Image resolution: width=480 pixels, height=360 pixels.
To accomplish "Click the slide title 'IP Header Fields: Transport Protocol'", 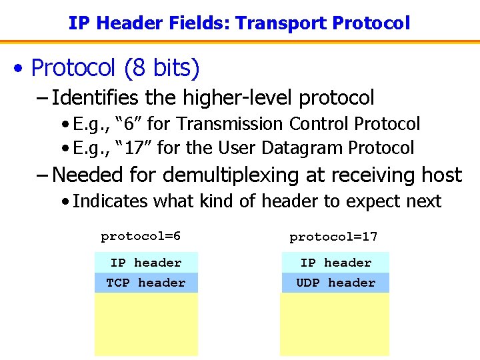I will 239,23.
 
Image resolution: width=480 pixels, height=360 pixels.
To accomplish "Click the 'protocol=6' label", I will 141,237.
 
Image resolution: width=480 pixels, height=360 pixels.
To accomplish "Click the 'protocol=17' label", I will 333,237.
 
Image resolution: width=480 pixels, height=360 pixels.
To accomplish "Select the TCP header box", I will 146,283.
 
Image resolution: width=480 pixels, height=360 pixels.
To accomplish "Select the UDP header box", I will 335,283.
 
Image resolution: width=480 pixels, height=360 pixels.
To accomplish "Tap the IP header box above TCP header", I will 146,263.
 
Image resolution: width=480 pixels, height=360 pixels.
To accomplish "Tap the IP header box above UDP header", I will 335,263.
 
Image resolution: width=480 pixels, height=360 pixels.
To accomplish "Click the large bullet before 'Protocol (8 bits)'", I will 21,68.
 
